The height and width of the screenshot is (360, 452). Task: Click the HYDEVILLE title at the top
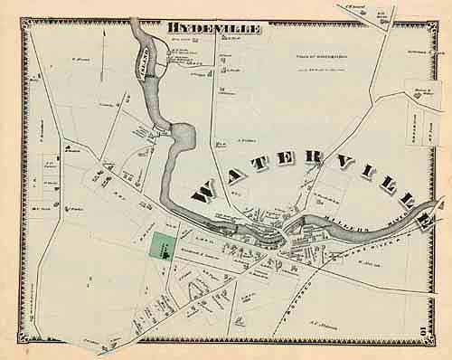[x=213, y=30]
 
